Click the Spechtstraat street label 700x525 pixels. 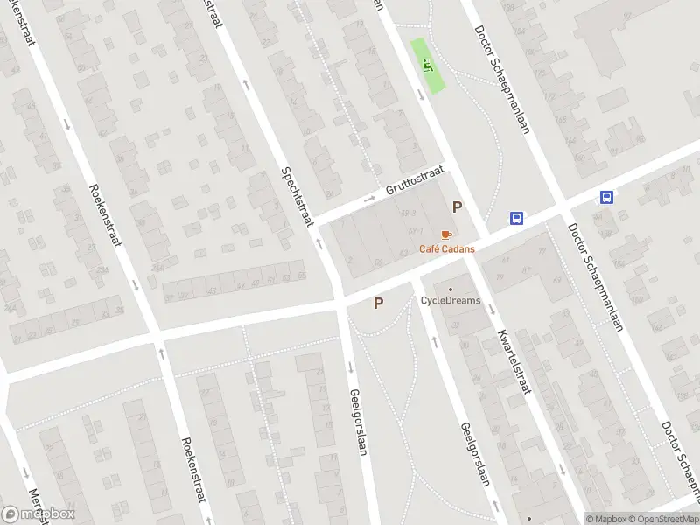tap(297, 197)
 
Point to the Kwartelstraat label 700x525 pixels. tap(514, 361)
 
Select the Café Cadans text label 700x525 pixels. tap(447, 249)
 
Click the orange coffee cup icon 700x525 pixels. tap(446, 235)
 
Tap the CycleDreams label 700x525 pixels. tap(450, 300)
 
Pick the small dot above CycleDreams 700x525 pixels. tap(451, 289)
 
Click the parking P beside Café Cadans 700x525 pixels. tap(456, 207)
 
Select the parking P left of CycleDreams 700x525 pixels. tap(378, 304)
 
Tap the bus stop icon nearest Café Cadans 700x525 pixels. tap(517, 219)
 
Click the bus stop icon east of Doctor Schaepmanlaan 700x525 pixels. tap(606, 198)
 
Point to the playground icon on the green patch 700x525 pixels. tap(428, 64)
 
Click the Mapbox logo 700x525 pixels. tap(38, 514)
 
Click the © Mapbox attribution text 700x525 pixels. tap(606, 519)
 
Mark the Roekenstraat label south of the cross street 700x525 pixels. tap(193, 469)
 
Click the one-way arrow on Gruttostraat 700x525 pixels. tap(369, 199)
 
